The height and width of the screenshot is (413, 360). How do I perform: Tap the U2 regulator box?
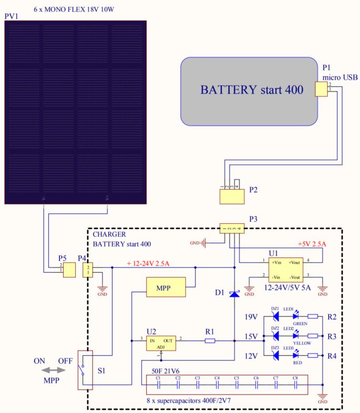161,343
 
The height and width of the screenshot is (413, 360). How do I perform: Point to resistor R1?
210,340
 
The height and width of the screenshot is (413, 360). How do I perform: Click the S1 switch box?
85,370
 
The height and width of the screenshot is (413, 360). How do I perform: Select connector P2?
232,197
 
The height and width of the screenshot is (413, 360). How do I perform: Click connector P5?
69,271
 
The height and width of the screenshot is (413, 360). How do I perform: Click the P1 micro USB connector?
321,89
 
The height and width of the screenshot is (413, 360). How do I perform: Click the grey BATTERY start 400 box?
251,91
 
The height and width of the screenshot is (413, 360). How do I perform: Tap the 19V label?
251,317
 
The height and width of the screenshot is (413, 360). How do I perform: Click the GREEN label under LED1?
300,324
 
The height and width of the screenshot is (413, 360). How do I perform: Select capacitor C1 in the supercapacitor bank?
158,384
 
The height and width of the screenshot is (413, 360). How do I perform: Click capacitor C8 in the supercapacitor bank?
295,384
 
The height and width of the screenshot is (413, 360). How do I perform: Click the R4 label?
332,356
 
